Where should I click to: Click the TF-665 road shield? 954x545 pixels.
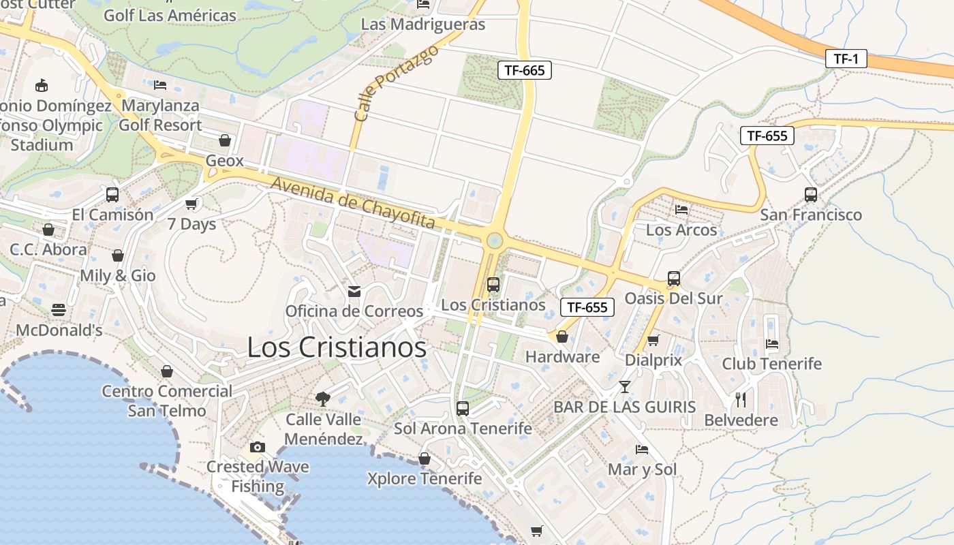click(x=524, y=69)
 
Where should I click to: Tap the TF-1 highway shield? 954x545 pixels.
click(x=846, y=59)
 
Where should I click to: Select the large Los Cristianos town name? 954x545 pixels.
click(x=337, y=347)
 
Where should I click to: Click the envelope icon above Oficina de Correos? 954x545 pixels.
click(x=354, y=292)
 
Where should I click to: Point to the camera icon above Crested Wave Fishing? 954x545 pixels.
click(x=258, y=447)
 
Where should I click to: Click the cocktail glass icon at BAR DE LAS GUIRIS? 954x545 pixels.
click(x=624, y=387)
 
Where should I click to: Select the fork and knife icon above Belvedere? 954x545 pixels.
click(x=741, y=399)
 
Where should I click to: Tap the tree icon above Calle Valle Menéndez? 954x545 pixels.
click(x=323, y=399)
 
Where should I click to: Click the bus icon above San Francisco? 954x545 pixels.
click(x=811, y=195)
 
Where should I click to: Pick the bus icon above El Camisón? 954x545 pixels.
click(x=112, y=195)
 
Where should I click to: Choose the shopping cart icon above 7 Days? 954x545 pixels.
click(x=191, y=204)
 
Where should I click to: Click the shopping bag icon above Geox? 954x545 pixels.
click(x=225, y=140)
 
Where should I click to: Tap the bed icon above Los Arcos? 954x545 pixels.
click(x=681, y=210)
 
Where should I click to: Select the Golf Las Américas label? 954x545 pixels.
click(x=170, y=15)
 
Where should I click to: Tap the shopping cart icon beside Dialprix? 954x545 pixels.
click(x=653, y=340)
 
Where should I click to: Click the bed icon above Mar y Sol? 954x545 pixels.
click(x=642, y=450)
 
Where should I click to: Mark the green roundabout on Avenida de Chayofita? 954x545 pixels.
click(x=495, y=240)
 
